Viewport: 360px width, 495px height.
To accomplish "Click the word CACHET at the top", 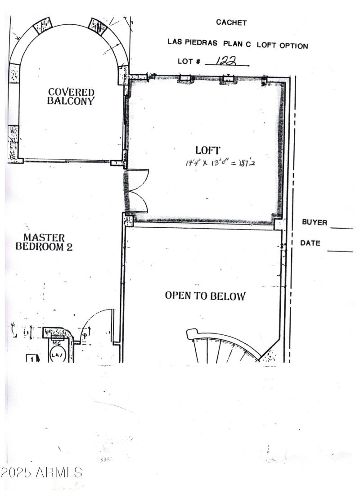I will tap(231, 22).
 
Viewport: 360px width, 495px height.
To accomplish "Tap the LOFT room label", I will tap(207, 150).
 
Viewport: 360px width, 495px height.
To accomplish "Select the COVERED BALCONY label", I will tap(71, 97).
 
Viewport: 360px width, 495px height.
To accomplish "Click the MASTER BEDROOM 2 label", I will tap(44, 242).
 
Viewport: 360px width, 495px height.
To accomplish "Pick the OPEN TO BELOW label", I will tap(205, 296).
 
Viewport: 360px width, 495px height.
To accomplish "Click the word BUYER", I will tap(314, 222).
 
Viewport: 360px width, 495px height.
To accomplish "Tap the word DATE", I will tap(310, 243).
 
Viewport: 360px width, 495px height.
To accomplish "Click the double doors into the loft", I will tap(137, 190).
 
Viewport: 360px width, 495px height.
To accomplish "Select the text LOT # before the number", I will tap(189, 61).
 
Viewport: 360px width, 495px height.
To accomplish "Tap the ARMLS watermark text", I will tap(41, 472).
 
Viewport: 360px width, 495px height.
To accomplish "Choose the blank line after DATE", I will tap(340, 251).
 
